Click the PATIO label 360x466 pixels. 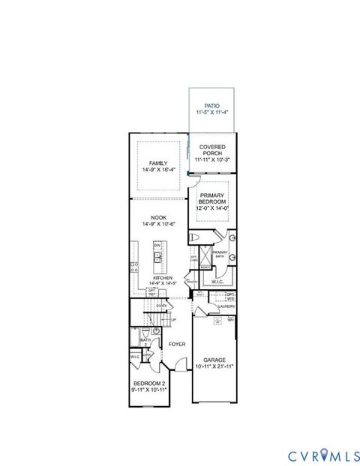coord(211,107)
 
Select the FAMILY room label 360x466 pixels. coord(157,163)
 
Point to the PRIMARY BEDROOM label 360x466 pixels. coord(212,198)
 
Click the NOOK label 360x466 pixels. coord(157,217)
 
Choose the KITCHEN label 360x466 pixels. coord(163,277)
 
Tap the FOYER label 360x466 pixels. coord(177,345)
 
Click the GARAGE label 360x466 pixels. coord(214,360)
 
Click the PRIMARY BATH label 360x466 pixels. coord(220,254)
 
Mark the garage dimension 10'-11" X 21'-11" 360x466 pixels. coord(214,367)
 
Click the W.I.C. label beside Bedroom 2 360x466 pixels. coord(135,357)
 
